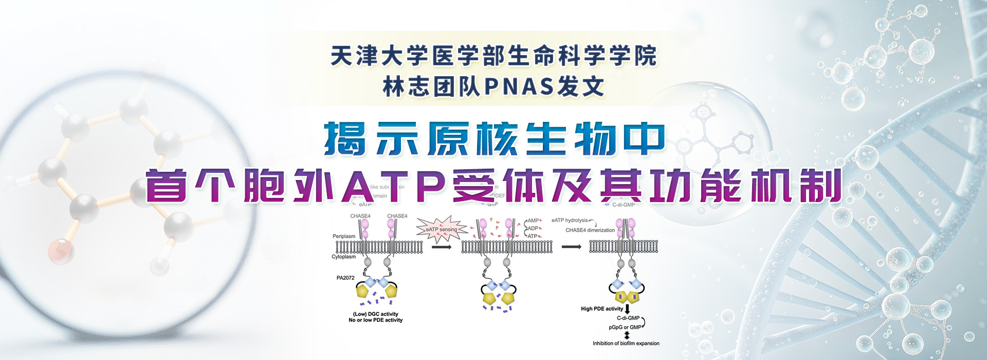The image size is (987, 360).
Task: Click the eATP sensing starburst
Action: pos(442,229)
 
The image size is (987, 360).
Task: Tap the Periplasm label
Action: pos(344,237)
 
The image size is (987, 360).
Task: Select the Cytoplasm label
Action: pos(343,257)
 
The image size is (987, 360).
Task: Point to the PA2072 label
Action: pos(345,278)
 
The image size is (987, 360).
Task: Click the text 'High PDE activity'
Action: pos(602,309)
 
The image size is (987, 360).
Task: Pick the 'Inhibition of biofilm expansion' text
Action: pos(626,344)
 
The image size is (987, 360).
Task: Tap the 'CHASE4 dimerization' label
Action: pos(590,230)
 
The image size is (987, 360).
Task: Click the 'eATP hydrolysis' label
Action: pos(570,220)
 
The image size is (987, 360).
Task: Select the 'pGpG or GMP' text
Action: pos(625,327)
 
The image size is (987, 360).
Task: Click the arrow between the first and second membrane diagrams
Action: pos(442,247)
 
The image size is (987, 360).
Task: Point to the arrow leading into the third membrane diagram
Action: pos(571,247)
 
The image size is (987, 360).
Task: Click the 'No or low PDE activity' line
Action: pos(376,320)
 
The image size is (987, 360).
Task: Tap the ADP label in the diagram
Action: pos(533,228)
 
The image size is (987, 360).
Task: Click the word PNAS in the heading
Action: pos(520,86)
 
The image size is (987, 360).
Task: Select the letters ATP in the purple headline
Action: pos(393,186)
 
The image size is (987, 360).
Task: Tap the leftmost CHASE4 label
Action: pos(360,216)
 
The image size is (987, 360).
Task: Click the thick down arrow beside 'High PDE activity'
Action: pos(627,310)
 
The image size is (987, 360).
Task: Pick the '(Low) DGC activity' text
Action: pos(376,314)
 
